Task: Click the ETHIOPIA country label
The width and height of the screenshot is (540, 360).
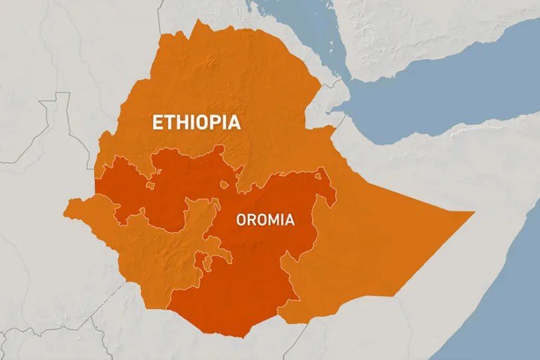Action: pos(196,123)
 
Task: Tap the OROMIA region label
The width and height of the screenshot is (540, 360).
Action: pos(265,220)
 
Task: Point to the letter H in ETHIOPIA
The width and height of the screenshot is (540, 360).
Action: pos(180,123)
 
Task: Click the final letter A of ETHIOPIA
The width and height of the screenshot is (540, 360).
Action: pos(234,123)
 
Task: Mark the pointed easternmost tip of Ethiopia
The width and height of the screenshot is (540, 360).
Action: pos(474,211)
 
